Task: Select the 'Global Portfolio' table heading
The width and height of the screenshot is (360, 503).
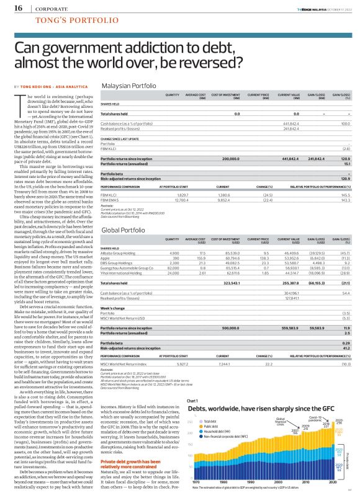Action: (122, 229)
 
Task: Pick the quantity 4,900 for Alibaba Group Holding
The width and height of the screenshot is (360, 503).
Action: (174, 251)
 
